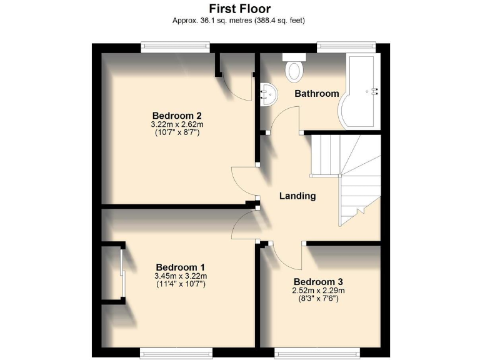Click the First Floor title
click(x=239, y=9)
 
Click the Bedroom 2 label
click(x=177, y=116)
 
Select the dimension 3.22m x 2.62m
click(x=177, y=124)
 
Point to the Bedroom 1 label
click(x=180, y=266)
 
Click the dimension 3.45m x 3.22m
click(x=180, y=276)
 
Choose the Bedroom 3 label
click(x=319, y=281)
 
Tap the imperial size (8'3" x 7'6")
click(x=319, y=299)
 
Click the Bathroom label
click(x=316, y=94)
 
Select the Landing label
click(x=297, y=196)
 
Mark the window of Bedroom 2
click(x=175, y=47)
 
